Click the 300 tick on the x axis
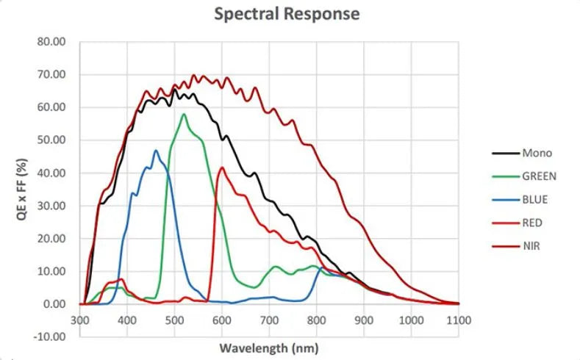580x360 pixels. point(80,320)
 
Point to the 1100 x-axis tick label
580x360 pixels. point(459,320)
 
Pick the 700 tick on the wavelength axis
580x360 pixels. point(269,320)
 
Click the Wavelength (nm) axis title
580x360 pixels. point(269,346)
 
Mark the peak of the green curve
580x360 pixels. point(184,114)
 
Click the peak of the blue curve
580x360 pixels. point(156,151)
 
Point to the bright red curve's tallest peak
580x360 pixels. point(222,167)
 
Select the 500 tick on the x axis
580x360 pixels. point(174,320)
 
